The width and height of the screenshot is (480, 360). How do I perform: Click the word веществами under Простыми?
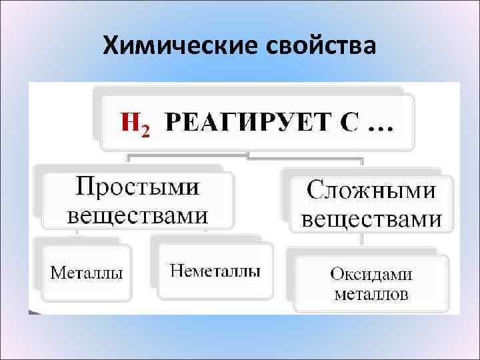[137, 215]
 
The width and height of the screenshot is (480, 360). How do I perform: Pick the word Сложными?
[371, 191]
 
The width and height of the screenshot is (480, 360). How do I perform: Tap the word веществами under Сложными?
[371, 219]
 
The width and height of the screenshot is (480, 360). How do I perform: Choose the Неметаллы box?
[215, 270]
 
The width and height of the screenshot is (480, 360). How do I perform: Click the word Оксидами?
[371, 274]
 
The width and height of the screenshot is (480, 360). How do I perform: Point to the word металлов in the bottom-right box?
[371, 294]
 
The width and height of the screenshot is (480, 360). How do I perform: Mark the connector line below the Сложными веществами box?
[362, 240]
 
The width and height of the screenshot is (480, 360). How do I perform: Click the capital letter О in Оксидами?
[337, 274]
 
